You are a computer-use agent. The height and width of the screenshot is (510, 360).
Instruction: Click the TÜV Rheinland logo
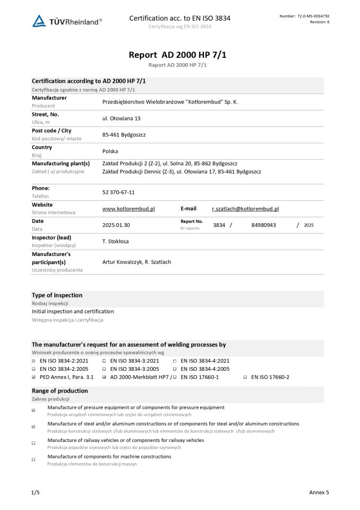click(67, 21)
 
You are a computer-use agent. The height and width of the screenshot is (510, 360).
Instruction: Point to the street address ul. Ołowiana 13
click(121, 118)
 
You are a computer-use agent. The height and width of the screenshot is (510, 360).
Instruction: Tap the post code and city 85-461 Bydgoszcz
click(124, 134)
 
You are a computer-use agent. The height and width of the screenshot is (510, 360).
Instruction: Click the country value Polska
click(110, 151)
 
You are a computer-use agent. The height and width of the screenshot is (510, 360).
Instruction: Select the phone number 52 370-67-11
click(118, 192)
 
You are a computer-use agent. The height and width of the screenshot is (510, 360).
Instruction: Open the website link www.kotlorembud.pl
click(128, 209)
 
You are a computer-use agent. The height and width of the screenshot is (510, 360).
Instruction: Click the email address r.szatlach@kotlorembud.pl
click(245, 209)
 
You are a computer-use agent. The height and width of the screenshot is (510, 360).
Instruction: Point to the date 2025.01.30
click(116, 225)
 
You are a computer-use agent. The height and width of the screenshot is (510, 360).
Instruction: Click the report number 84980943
click(263, 225)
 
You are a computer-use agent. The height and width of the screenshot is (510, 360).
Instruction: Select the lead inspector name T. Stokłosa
click(115, 241)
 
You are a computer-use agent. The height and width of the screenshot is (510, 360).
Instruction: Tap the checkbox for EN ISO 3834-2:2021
click(34, 361)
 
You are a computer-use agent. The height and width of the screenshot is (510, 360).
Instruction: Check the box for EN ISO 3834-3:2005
click(104, 369)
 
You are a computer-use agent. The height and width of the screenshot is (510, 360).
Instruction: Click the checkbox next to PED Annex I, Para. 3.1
click(34, 377)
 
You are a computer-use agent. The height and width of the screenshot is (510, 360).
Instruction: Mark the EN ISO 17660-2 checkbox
click(245, 377)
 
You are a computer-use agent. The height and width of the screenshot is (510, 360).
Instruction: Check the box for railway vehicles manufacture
click(34, 443)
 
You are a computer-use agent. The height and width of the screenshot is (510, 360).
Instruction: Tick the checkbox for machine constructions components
click(34, 459)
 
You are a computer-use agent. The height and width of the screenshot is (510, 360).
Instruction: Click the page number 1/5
click(36, 492)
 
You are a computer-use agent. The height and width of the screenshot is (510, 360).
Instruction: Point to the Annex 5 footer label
click(319, 492)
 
